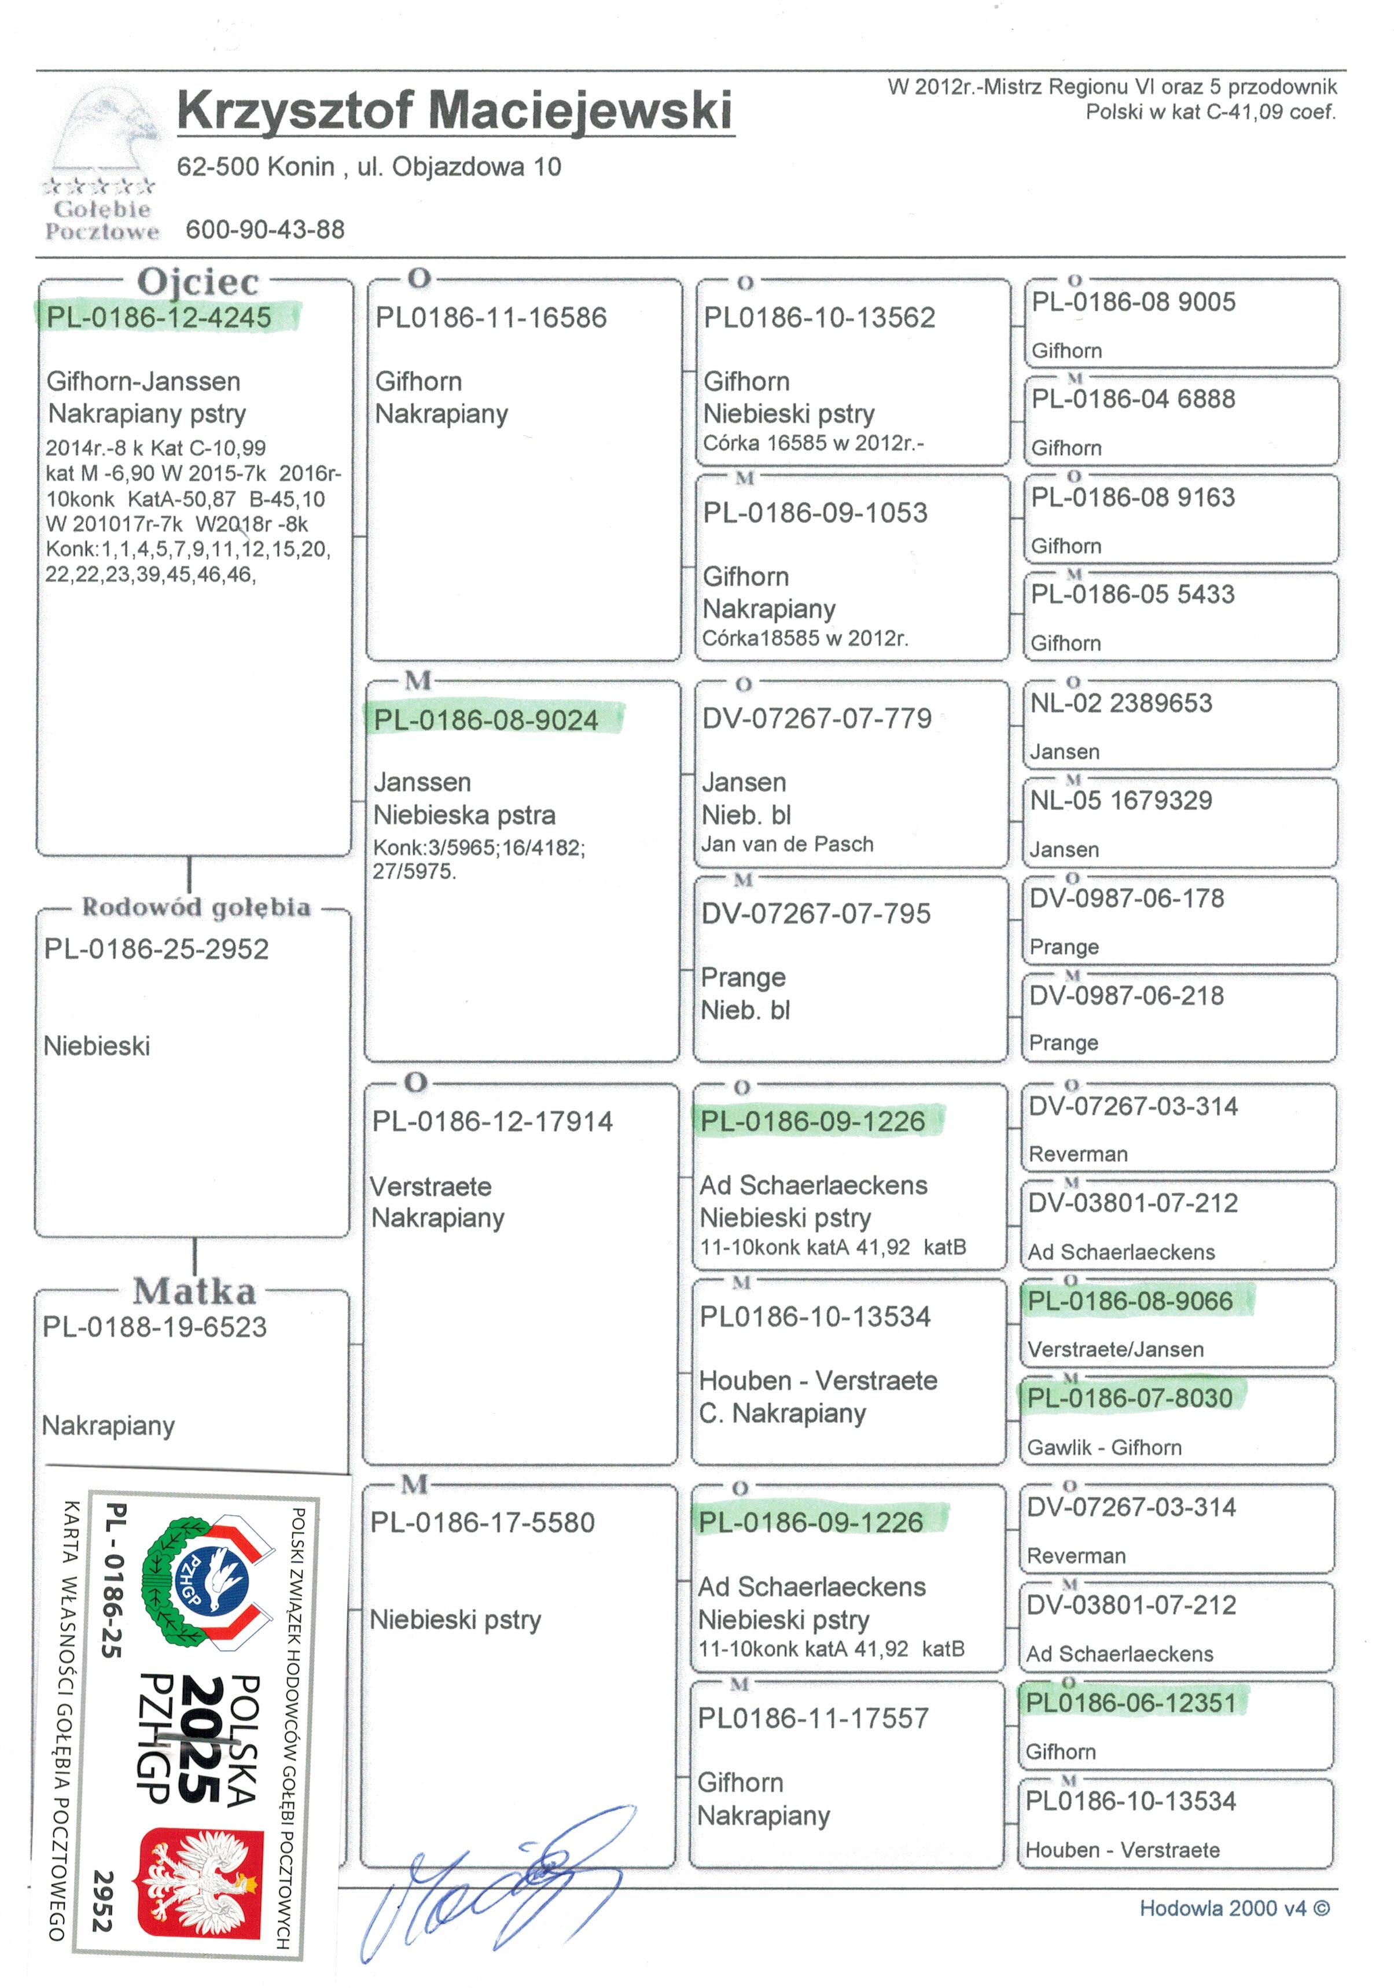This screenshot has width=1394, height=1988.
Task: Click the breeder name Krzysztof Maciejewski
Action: [x=455, y=111]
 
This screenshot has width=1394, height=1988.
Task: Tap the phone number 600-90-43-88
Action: [x=265, y=230]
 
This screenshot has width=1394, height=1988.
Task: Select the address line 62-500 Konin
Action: [x=369, y=166]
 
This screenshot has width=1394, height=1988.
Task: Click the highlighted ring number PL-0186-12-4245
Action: [x=159, y=317]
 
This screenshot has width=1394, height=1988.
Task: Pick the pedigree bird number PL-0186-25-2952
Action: [x=157, y=949]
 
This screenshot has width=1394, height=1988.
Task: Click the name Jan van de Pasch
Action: [x=787, y=844]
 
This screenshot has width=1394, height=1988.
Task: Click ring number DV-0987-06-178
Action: [x=1127, y=898]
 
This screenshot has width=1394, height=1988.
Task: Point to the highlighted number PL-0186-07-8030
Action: [x=1129, y=1397]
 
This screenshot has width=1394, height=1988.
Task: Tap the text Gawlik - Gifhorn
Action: [x=1104, y=1447]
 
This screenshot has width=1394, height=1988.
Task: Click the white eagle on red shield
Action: [x=201, y=1882]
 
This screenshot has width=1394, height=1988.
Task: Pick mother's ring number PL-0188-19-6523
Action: [x=155, y=1327]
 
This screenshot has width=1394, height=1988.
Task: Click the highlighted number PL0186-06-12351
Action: [x=1131, y=1703]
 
